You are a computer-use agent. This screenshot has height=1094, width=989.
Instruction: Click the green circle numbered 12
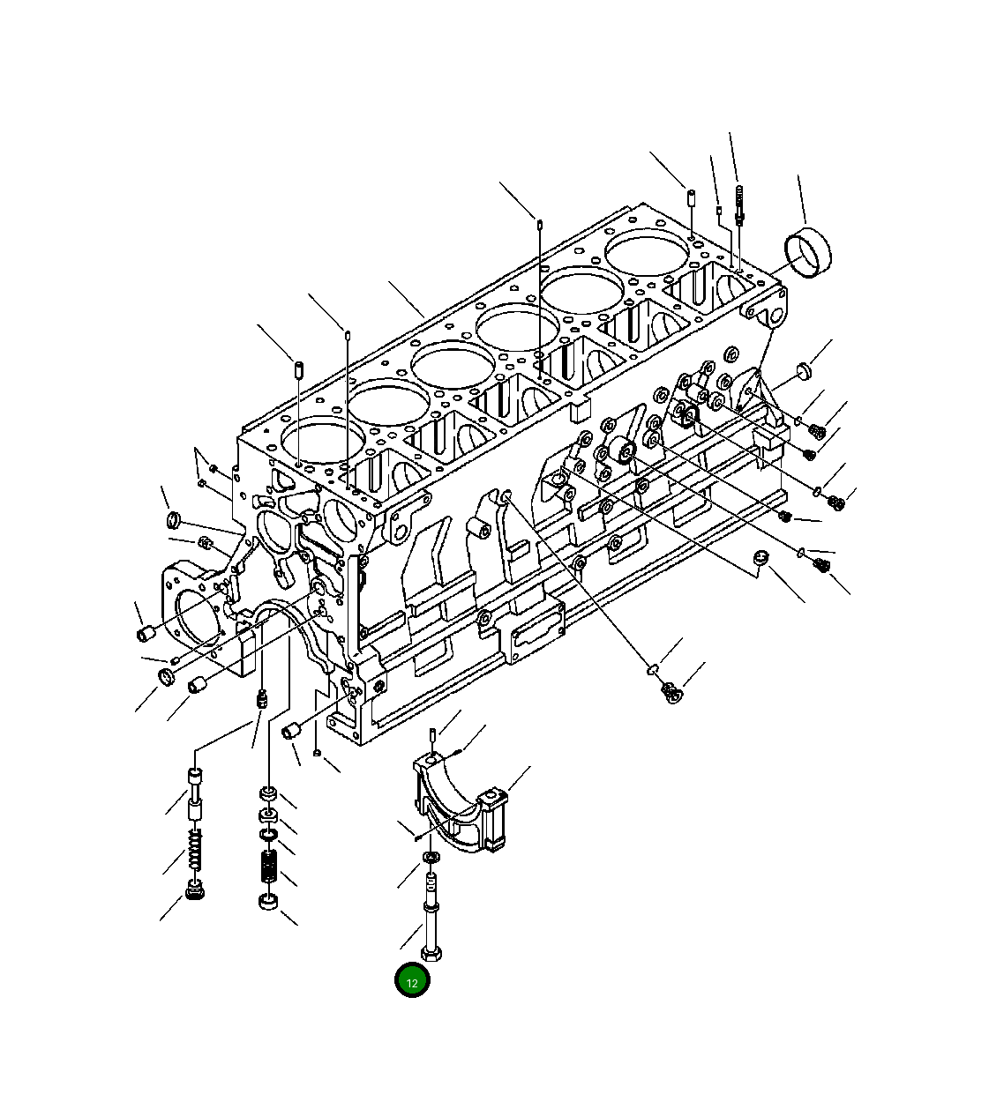coord(412,981)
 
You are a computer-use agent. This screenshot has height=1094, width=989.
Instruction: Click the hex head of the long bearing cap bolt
coord(432,954)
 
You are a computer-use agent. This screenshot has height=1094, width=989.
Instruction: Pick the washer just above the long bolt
coord(430,858)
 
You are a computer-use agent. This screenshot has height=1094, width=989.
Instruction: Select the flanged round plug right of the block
coord(803,369)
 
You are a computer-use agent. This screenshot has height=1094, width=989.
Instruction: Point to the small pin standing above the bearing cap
coord(431,735)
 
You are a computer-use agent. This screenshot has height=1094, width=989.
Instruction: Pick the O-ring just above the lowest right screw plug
coord(653,669)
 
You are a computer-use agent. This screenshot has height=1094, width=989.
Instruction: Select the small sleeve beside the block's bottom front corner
coord(290,730)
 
